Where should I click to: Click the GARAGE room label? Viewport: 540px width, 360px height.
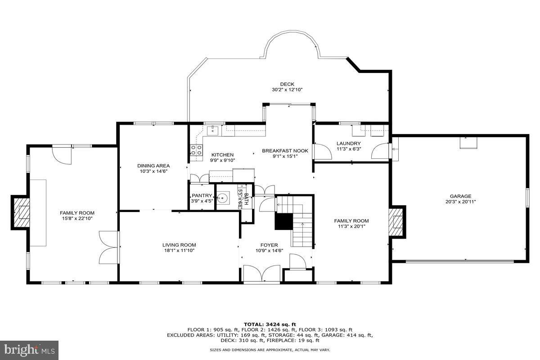(460, 196)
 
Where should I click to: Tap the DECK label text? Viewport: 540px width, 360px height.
(287, 84)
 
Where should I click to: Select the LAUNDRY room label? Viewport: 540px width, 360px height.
(348, 144)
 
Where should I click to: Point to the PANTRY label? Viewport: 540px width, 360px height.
(202, 196)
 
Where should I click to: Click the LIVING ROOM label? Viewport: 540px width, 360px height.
(179, 245)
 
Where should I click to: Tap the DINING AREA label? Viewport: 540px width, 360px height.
(153, 166)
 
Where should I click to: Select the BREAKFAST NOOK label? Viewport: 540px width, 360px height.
(285, 151)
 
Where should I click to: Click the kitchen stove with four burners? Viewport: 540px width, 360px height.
(196, 150)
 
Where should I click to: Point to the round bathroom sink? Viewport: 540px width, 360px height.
(223, 197)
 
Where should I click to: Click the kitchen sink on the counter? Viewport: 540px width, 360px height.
(213, 130)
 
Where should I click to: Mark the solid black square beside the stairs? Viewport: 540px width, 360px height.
(283, 221)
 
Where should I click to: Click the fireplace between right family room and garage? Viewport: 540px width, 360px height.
(397, 222)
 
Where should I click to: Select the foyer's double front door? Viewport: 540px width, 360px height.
(262, 274)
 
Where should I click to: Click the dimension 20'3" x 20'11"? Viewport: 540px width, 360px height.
(460, 202)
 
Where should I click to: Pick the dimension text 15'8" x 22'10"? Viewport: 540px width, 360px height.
(77, 218)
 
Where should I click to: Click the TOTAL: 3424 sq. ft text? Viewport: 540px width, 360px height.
(270, 324)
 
